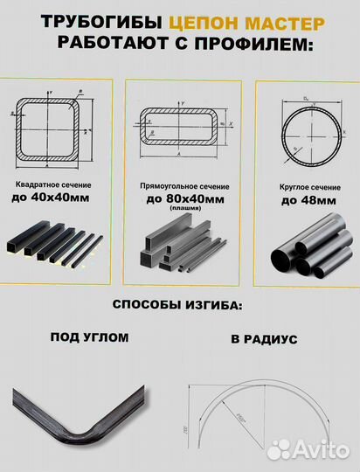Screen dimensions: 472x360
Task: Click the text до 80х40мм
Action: coord(183,199)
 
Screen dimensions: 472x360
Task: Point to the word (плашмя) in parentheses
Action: coord(184,210)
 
